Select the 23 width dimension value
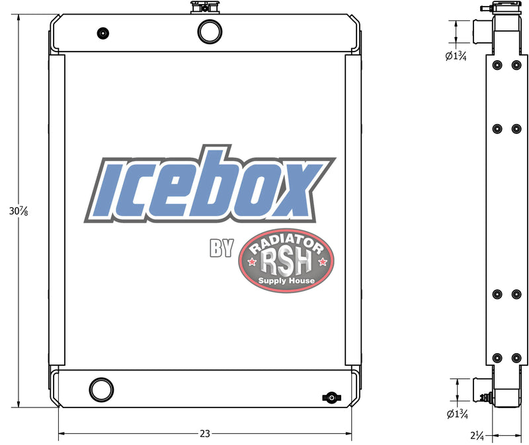click(x=205, y=434)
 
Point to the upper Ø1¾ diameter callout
click(x=457, y=56)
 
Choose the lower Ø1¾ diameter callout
click(x=457, y=414)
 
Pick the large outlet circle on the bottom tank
click(x=102, y=388)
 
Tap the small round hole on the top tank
click(x=102, y=34)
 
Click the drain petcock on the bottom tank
click(x=330, y=397)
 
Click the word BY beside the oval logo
click(x=222, y=248)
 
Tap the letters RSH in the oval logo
click(x=286, y=263)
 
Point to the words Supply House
click(x=287, y=281)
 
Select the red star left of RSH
click(x=252, y=263)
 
